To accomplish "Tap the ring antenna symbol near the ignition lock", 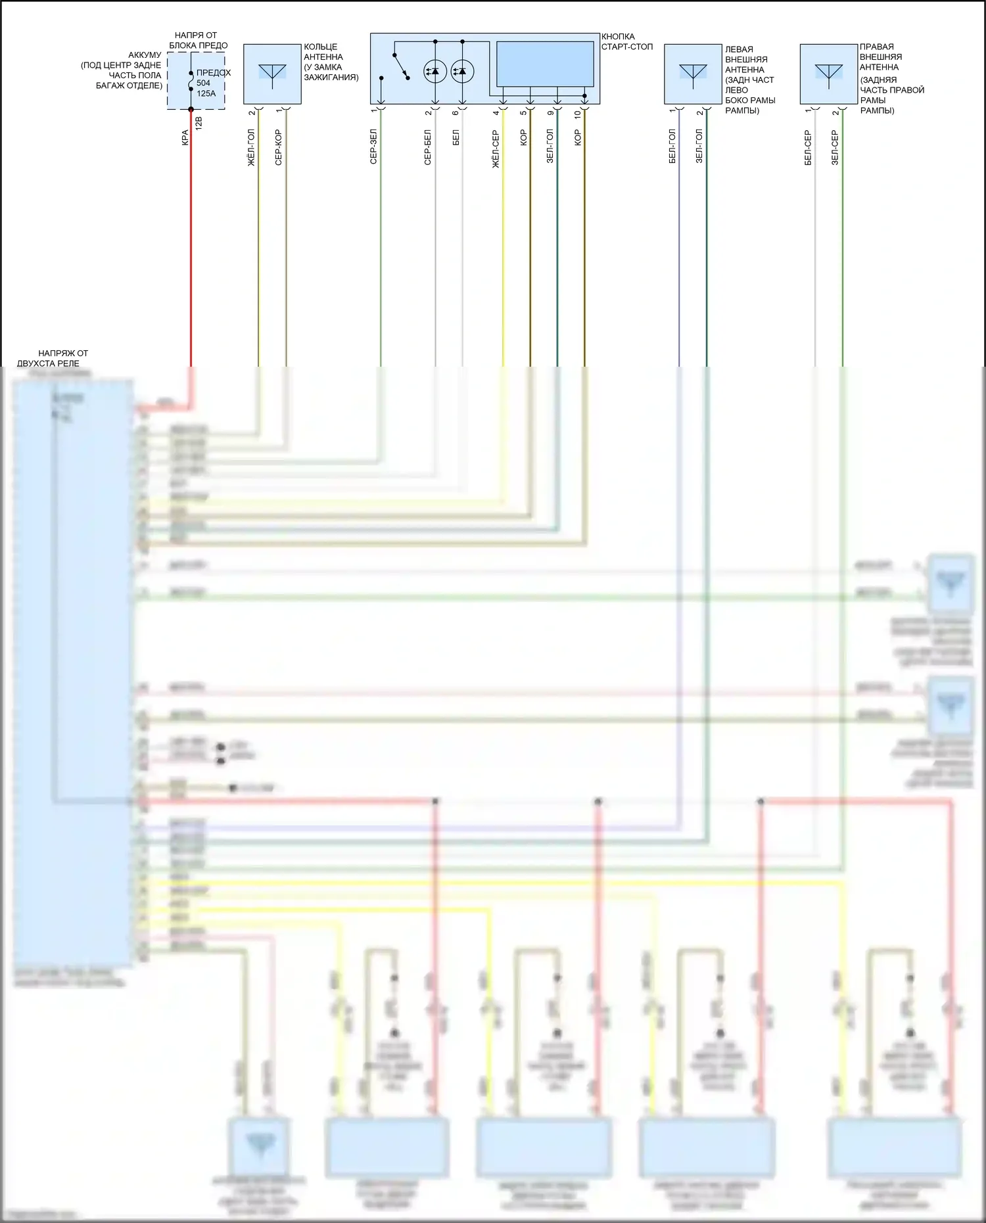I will (x=272, y=74).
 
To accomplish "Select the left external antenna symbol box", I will (x=693, y=74).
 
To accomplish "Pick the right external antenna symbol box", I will (x=828, y=74).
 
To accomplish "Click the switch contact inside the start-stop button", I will (x=401, y=66).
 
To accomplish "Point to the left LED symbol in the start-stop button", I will (x=435, y=71).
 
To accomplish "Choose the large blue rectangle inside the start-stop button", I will (x=545, y=64).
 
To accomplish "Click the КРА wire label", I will (x=185, y=137).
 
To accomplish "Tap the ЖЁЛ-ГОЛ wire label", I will (x=251, y=147).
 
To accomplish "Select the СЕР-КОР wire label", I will (x=279, y=147).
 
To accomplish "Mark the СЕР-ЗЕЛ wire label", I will (x=373, y=147).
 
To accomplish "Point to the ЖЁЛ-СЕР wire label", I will (x=496, y=149).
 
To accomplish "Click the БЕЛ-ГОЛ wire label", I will (x=672, y=146).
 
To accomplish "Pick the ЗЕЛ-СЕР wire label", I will (x=835, y=147).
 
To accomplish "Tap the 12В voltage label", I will (x=199, y=122).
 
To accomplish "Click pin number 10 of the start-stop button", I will (x=578, y=114).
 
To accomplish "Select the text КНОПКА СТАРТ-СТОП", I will (x=626, y=41).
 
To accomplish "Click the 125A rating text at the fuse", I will (x=206, y=93).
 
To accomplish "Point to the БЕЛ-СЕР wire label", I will (x=808, y=147).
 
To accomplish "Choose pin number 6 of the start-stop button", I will (x=456, y=113).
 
